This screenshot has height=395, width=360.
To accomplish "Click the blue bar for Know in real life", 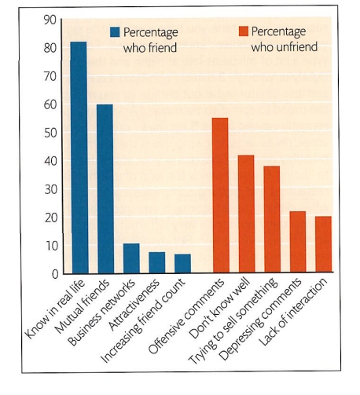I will coord(79,157).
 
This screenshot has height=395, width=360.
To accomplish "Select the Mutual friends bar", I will coord(105,188).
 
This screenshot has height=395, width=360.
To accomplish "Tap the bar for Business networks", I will coord(131,258).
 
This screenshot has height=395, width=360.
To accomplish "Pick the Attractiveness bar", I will coord(157,263).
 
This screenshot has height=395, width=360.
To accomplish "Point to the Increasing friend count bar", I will coord(182,264).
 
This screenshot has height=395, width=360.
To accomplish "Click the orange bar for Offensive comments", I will coord(220,196).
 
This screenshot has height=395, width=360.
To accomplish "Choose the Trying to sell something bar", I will coord(272,220).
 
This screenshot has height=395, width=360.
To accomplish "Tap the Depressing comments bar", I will coord(298,243).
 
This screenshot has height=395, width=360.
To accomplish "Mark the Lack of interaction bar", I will coord(323,245).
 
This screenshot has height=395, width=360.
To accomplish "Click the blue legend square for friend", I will coord(115,32).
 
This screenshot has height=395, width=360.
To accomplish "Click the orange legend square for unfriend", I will coord(243,32).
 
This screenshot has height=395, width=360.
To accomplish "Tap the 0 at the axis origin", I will coord(53,274).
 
